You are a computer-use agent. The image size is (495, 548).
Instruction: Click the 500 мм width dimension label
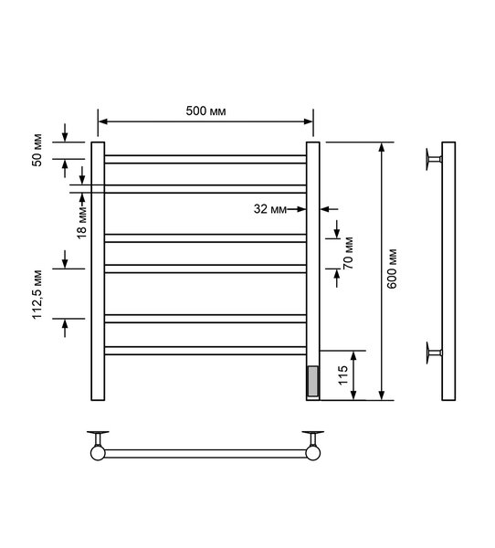tap(205, 111)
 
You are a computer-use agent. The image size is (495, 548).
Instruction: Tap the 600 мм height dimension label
tap(392, 269)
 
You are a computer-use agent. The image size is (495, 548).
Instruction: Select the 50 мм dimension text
tap(37, 150)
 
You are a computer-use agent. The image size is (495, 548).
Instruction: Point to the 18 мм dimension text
tap(82, 222)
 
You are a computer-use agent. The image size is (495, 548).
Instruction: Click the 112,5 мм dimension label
tap(37, 295)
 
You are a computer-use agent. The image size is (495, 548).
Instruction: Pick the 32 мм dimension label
tap(269, 209)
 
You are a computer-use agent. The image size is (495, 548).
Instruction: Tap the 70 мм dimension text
tap(349, 253)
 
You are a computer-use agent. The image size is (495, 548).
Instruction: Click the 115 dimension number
tap(343, 375)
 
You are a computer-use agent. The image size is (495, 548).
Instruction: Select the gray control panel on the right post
tap(313, 381)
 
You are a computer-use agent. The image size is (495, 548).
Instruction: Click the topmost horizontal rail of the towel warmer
tap(205, 159)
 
